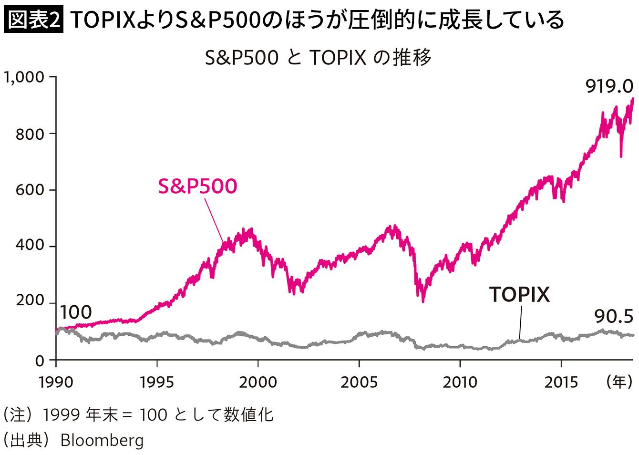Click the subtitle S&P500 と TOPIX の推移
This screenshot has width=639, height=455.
[x=318, y=58]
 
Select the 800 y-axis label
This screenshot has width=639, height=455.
[x=30, y=134]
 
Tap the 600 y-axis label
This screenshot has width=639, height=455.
[x=30, y=190]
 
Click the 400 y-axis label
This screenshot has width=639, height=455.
[x=30, y=245]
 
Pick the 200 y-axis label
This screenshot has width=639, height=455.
[x=30, y=300]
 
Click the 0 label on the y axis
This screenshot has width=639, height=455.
[x=40, y=361]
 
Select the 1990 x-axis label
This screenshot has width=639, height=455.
[x=56, y=383]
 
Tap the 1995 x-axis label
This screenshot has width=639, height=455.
[x=156, y=383]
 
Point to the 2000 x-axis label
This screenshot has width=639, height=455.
[x=258, y=383]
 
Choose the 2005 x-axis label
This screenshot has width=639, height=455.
[x=359, y=383]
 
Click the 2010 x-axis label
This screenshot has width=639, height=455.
[x=460, y=383]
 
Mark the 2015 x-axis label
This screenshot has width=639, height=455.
[x=561, y=383]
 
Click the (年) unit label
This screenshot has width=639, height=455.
[x=619, y=382]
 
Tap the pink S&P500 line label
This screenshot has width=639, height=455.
[x=198, y=186]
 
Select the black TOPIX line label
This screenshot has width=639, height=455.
[x=519, y=294]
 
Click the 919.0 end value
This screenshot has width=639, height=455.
[x=609, y=86]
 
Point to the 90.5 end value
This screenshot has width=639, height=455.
[x=614, y=317]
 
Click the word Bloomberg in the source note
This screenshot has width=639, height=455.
[x=102, y=440]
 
